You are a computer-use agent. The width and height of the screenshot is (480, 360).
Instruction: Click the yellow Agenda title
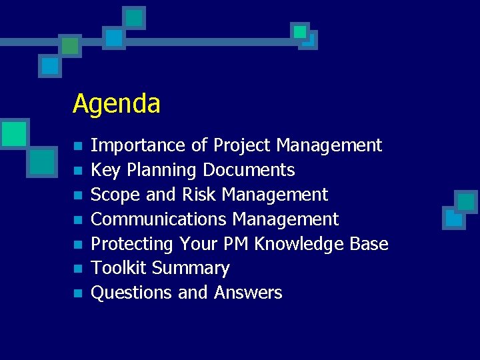(x=117, y=104)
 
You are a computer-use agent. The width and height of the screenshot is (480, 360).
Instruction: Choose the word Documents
(x=249, y=171)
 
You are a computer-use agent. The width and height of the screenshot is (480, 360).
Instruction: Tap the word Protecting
(x=133, y=244)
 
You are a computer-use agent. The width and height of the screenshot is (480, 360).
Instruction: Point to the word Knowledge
(x=296, y=244)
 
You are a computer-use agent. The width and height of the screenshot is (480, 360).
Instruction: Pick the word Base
(x=369, y=244)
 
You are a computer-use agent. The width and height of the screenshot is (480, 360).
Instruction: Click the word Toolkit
(x=119, y=268)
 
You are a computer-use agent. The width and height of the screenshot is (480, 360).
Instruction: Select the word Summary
(x=191, y=268)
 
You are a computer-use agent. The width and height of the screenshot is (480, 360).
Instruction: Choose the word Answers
(x=248, y=293)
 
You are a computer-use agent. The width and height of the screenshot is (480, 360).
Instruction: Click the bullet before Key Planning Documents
(x=78, y=171)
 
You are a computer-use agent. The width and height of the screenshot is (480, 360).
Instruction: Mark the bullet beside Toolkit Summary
(x=78, y=269)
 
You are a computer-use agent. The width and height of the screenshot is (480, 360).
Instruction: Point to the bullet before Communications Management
(x=78, y=220)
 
